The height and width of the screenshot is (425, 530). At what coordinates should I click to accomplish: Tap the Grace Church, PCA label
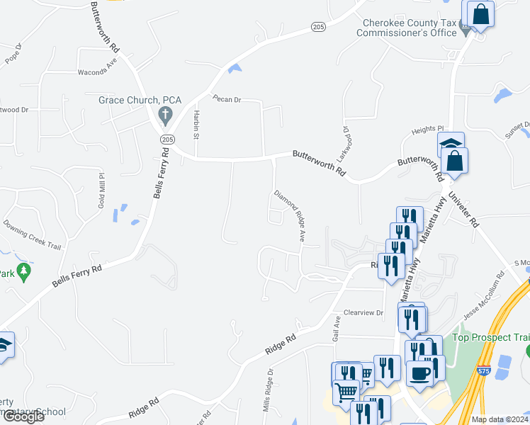141,100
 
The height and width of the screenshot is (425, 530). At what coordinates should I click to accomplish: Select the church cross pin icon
165,113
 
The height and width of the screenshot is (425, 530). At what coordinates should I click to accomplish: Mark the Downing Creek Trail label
32,233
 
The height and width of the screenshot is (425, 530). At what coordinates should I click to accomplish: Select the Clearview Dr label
363,312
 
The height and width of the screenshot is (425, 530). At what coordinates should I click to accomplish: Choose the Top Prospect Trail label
490,337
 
